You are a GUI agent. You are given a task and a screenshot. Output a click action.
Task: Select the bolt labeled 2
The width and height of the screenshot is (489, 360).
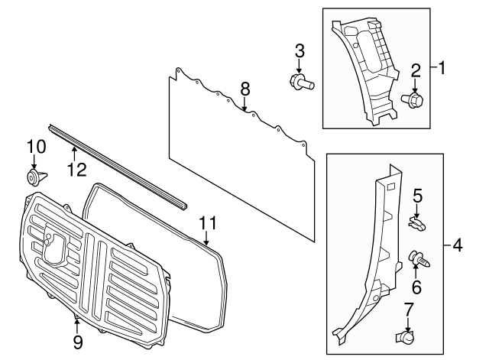[413, 99]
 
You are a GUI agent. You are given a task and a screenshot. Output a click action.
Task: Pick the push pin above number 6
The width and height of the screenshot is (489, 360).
[418, 259]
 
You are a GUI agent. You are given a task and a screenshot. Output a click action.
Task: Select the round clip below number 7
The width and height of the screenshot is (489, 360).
[407, 336]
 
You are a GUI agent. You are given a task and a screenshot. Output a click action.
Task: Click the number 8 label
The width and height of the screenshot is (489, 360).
[244, 89]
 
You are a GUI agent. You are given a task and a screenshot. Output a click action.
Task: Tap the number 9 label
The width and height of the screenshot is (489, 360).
[76, 342]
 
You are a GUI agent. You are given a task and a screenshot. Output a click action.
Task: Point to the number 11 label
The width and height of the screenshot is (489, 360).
[208, 223]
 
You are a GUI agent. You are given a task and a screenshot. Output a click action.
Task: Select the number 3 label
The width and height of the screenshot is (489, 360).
[300, 51]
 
